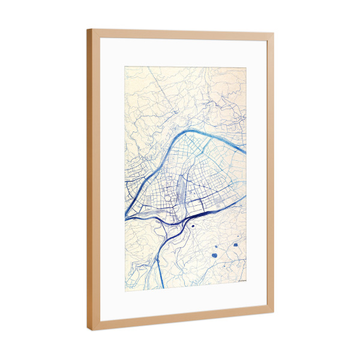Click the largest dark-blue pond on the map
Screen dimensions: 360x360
tap(214, 256)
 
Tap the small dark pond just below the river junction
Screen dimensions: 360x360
tap(193, 226)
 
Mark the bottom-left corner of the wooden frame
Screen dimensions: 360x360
tap(91, 330)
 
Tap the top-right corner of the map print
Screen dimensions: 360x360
tap(247, 67)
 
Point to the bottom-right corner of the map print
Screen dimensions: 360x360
tap(246, 280)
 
